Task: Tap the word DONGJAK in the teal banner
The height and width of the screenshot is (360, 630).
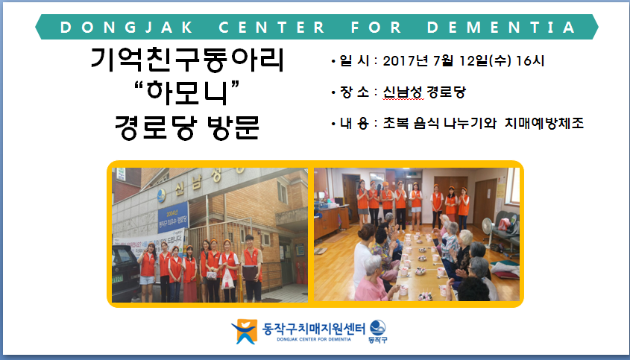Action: [126, 28]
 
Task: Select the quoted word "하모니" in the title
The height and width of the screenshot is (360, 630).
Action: [187, 92]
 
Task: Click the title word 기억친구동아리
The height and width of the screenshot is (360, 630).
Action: [187, 60]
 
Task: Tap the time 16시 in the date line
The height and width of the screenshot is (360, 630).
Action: [530, 61]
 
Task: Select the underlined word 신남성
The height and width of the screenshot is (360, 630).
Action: [403, 92]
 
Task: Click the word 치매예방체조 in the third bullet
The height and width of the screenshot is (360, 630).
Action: [544, 123]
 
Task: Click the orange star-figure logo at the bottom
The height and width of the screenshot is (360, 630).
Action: [245, 332]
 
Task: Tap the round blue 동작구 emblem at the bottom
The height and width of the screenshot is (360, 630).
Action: [378, 328]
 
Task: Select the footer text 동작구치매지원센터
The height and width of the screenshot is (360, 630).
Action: [313, 329]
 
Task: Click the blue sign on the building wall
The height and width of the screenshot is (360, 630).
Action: [173, 217]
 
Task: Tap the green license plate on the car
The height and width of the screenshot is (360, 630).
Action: [117, 279]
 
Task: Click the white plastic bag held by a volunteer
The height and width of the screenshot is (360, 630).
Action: [227, 279]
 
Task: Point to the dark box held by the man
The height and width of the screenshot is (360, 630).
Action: [250, 274]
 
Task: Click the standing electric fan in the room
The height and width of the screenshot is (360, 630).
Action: [488, 232]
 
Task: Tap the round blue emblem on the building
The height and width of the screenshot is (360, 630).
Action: [161, 195]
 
